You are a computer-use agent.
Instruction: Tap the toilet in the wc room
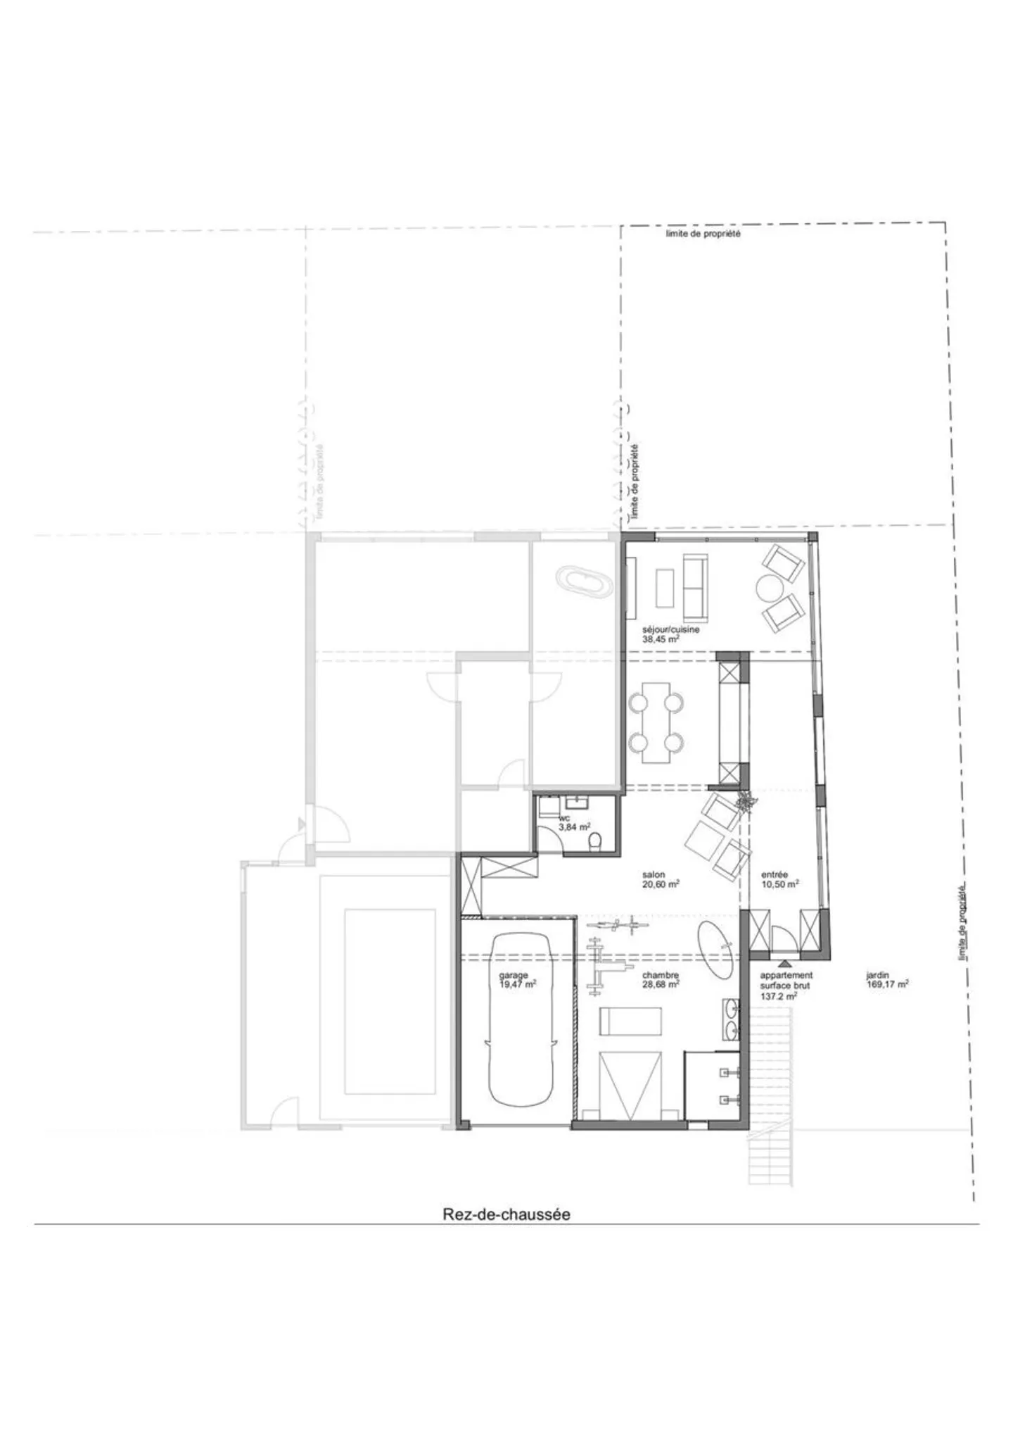click(595, 841)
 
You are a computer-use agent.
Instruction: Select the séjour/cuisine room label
click(670, 629)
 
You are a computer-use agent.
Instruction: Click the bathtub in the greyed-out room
click(583, 584)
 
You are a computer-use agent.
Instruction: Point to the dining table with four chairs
click(656, 722)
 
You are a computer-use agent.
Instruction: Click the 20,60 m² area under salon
click(660, 884)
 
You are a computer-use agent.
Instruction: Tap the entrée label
click(774, 874)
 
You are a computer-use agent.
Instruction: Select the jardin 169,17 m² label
click(886, 981)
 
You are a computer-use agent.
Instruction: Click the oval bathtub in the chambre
click(718, 950)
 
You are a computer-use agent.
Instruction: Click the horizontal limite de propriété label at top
click(703, 234)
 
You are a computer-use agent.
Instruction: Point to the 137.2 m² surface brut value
click(777, 997)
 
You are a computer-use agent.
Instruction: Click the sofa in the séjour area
click(695, 584)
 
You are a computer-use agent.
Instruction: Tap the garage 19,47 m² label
click(517, 980)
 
